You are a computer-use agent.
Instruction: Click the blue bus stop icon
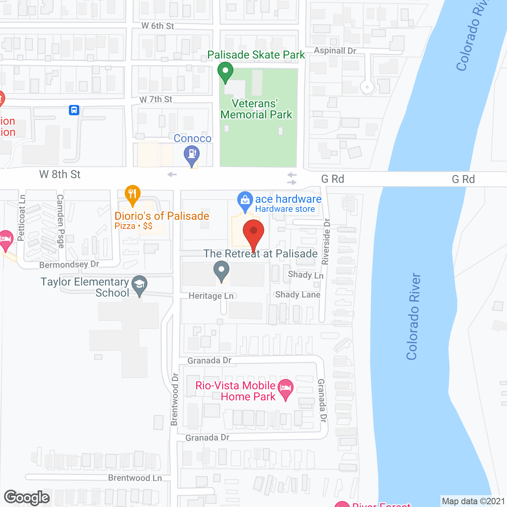coord(74,110)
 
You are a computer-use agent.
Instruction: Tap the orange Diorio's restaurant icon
coord(132,194)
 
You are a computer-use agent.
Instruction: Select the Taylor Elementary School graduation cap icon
coord(139,284)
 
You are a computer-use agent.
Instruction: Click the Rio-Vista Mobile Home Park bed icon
coord(286,388)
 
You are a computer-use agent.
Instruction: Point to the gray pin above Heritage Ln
coord(221,271)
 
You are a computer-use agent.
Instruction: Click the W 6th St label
coord(158,26)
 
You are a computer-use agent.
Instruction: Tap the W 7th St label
coord(156,99)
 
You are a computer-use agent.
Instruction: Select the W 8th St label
coord(60,174)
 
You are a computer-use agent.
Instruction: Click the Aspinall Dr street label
coord(335,51)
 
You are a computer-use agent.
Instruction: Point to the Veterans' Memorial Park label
coord(256,109)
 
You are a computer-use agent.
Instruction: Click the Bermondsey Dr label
coord(69,264)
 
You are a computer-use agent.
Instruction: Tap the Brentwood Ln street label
coord(135,478)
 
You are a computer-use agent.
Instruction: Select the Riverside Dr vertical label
coord(326,242)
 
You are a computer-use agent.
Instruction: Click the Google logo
coord(27,497)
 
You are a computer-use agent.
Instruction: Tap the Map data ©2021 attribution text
coord(473,501)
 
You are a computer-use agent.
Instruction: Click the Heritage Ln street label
coord(211,296)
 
